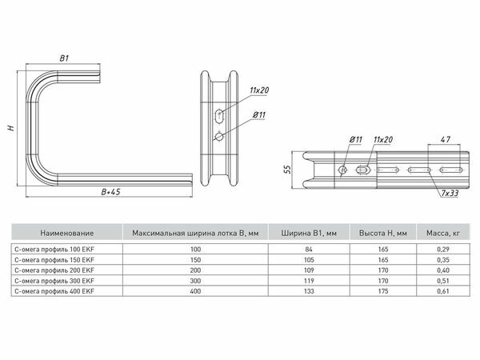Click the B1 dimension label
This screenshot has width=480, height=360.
[64, 58]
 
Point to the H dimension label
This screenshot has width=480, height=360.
[11, 128]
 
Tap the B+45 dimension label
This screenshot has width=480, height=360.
[111, 192]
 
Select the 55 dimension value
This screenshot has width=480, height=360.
[288, 170]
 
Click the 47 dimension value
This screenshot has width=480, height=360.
[446, 139]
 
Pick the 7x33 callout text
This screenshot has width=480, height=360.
[450, 193]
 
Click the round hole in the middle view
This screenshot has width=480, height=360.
[219, 137]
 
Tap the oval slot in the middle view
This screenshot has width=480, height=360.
[219, 116]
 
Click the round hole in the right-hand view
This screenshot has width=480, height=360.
[342, 170]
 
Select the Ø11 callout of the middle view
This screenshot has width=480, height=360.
[259, 115]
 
